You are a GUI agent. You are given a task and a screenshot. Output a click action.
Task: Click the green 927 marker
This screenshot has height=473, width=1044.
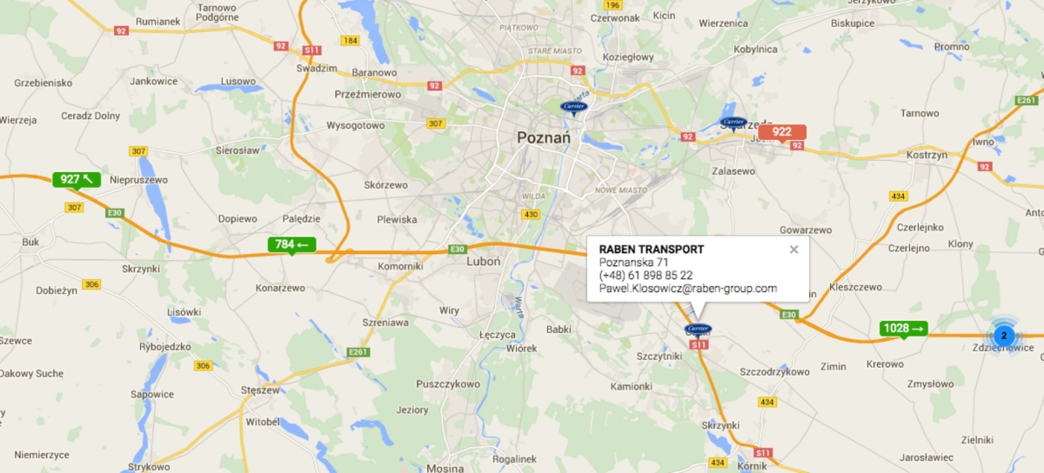77,179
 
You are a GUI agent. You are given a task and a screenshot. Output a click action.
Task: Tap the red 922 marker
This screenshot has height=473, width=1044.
782,132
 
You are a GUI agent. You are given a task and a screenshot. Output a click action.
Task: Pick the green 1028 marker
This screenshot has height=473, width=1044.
903,328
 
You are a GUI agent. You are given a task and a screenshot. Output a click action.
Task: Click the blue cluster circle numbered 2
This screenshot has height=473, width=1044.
1003,335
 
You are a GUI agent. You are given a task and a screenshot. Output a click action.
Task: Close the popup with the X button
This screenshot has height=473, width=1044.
793,250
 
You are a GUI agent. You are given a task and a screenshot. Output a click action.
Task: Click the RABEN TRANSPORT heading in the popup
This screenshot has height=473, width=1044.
652,250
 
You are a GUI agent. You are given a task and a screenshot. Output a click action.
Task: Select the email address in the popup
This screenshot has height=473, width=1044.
687,289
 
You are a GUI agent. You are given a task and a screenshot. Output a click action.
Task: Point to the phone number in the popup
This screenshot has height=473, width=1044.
646,276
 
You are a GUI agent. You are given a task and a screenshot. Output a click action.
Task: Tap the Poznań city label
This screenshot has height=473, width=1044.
542,137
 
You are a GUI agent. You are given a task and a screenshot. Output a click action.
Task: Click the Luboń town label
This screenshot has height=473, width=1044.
484,261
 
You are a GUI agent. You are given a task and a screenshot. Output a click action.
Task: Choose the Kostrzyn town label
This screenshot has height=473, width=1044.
926,154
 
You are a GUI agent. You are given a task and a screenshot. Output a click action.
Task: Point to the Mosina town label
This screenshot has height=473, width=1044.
445,468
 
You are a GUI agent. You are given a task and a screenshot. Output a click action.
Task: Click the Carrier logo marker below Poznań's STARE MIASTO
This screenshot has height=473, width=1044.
574,106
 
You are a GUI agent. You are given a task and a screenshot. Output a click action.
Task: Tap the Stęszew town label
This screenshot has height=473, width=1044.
262,390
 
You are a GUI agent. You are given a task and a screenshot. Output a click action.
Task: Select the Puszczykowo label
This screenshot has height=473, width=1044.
448,383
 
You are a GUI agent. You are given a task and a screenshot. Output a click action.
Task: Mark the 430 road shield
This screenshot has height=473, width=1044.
532,214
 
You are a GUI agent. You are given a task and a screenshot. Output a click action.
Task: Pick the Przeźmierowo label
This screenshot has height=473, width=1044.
368,94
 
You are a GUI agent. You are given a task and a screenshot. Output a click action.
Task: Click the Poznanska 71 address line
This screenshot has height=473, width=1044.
633,263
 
